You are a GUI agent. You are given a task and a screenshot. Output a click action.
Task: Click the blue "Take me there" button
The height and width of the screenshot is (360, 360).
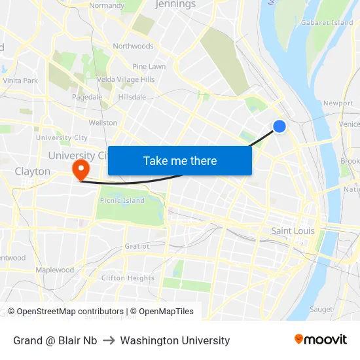click(x=180, y=160)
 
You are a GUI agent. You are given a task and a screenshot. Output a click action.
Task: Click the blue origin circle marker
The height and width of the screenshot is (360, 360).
click(x=279, y=126)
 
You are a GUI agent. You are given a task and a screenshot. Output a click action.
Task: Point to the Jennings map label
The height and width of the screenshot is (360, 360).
click(x=175, y=5)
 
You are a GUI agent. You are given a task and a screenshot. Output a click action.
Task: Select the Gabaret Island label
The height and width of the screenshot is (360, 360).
click(x=327, y=23)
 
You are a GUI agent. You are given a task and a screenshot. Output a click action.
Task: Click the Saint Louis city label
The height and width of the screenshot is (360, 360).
click(x=293, y=231)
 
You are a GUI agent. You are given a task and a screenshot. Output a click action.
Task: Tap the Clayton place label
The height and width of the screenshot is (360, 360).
click(x=32, y=171)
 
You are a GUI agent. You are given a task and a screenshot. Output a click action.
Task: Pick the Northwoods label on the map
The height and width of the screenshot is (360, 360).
click(x=133, y=46)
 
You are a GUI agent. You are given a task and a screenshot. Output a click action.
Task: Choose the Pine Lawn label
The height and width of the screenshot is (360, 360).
click(x=149, y=67)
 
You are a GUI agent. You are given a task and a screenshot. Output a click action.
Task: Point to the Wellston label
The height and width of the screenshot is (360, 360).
click(x=103, y=123)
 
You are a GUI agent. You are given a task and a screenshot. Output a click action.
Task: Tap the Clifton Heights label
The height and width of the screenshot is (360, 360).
click(x=128, y=278)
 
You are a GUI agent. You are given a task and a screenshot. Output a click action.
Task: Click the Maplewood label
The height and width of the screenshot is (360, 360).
click(x=54, y=270)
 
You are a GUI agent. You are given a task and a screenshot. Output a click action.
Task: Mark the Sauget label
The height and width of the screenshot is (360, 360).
click(x=321, y=309)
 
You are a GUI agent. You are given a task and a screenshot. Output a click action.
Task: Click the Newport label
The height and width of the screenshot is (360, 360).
click(x=338, y=103)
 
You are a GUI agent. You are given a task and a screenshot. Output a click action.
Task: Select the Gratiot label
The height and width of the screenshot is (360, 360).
click(x=137, y=247)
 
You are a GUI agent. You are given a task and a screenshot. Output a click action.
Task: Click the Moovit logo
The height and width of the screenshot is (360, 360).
click(x=321, y=340)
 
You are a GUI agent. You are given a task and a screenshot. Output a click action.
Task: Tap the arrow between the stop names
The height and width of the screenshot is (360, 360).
click(x=109, y=340)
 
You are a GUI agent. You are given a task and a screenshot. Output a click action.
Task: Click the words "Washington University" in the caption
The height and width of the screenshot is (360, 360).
click(x=175, y=340)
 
